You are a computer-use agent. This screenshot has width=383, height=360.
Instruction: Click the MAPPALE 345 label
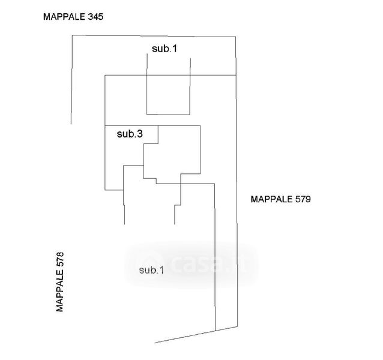click(x=73, y=17)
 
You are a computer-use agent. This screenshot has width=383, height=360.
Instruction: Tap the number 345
click(x=95, y=17)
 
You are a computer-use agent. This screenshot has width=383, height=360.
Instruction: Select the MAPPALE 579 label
click(x=279, y=199)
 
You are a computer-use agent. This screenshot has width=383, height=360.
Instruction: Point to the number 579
click(x=301, y=199)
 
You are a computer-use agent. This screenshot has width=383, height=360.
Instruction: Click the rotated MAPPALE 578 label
click(x=59, y=281)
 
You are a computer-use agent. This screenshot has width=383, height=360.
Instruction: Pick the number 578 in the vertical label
click(x=59, y=259)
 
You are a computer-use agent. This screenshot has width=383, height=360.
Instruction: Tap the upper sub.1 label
click(x=164, y=49)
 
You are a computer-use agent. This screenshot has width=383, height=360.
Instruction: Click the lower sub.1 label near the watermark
click(x=151, y=270)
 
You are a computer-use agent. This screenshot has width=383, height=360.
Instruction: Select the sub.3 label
click(x=129, y=134)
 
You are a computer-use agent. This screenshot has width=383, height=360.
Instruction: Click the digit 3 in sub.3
click(x=139, y=134)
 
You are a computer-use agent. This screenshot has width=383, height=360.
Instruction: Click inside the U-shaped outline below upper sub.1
click(x=169, y=90)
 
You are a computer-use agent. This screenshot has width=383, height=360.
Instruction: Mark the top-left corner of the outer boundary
click(x=72, y=36)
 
